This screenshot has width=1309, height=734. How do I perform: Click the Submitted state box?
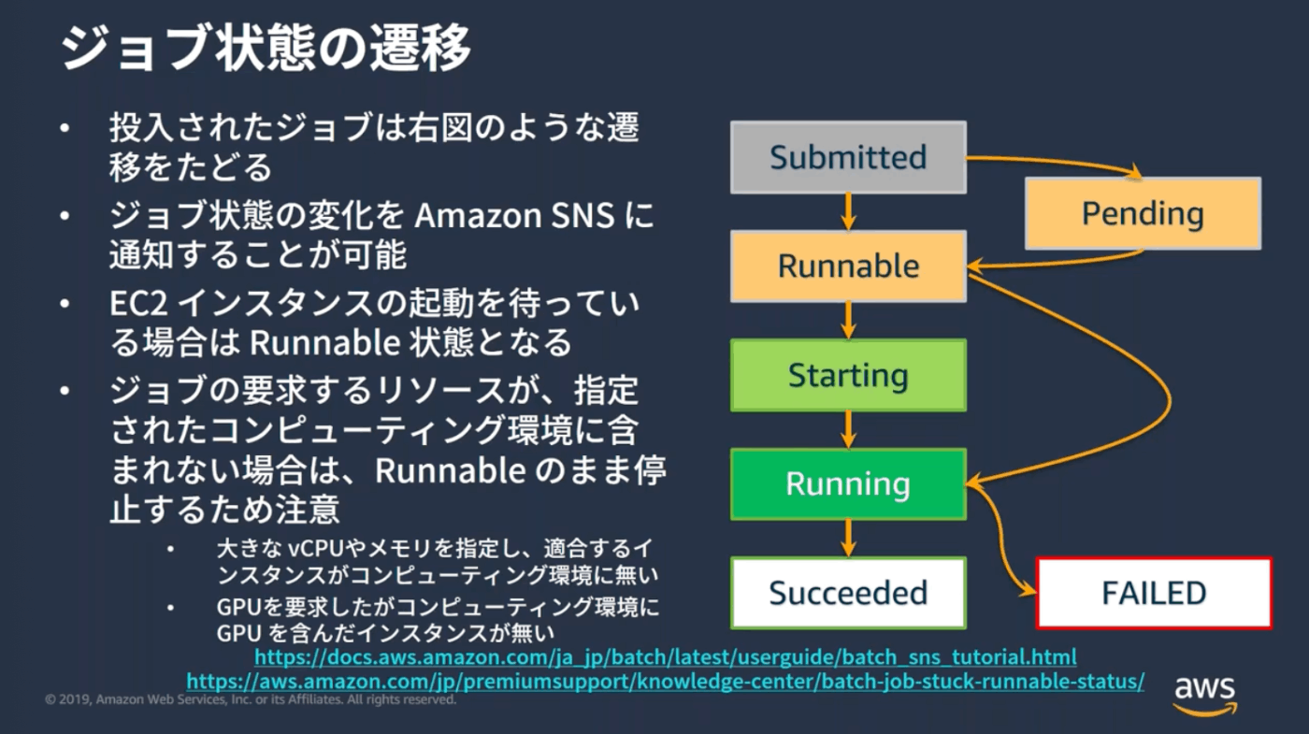(848, 157)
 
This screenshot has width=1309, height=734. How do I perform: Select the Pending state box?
(1143, 213)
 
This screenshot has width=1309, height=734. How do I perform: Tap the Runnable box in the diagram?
(848, 266)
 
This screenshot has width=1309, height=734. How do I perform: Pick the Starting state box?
(848, 375)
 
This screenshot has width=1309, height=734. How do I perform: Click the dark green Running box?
(848, 484)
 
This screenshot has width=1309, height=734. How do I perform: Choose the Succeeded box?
(848, 593)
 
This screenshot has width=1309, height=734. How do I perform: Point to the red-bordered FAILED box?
(1154, 593)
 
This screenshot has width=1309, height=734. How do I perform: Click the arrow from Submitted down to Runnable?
(849, 211)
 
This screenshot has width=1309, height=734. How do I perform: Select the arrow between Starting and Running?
(849, 429)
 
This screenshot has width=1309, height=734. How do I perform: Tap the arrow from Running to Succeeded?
(849, 539)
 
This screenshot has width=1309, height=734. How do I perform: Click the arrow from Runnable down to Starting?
(849, 321)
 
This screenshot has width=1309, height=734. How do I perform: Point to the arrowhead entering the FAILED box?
(1028, 590)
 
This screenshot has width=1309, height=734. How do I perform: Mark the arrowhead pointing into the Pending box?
(1134, 171)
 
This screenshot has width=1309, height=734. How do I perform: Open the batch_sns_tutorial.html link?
(665, 656)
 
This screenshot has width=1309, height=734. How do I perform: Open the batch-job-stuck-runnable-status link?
(665, 682)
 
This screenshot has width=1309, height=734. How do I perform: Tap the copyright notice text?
(251, 699)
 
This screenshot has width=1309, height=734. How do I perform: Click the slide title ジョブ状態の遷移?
(266, 48)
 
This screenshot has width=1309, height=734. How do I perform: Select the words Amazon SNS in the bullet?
(514, 215)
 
